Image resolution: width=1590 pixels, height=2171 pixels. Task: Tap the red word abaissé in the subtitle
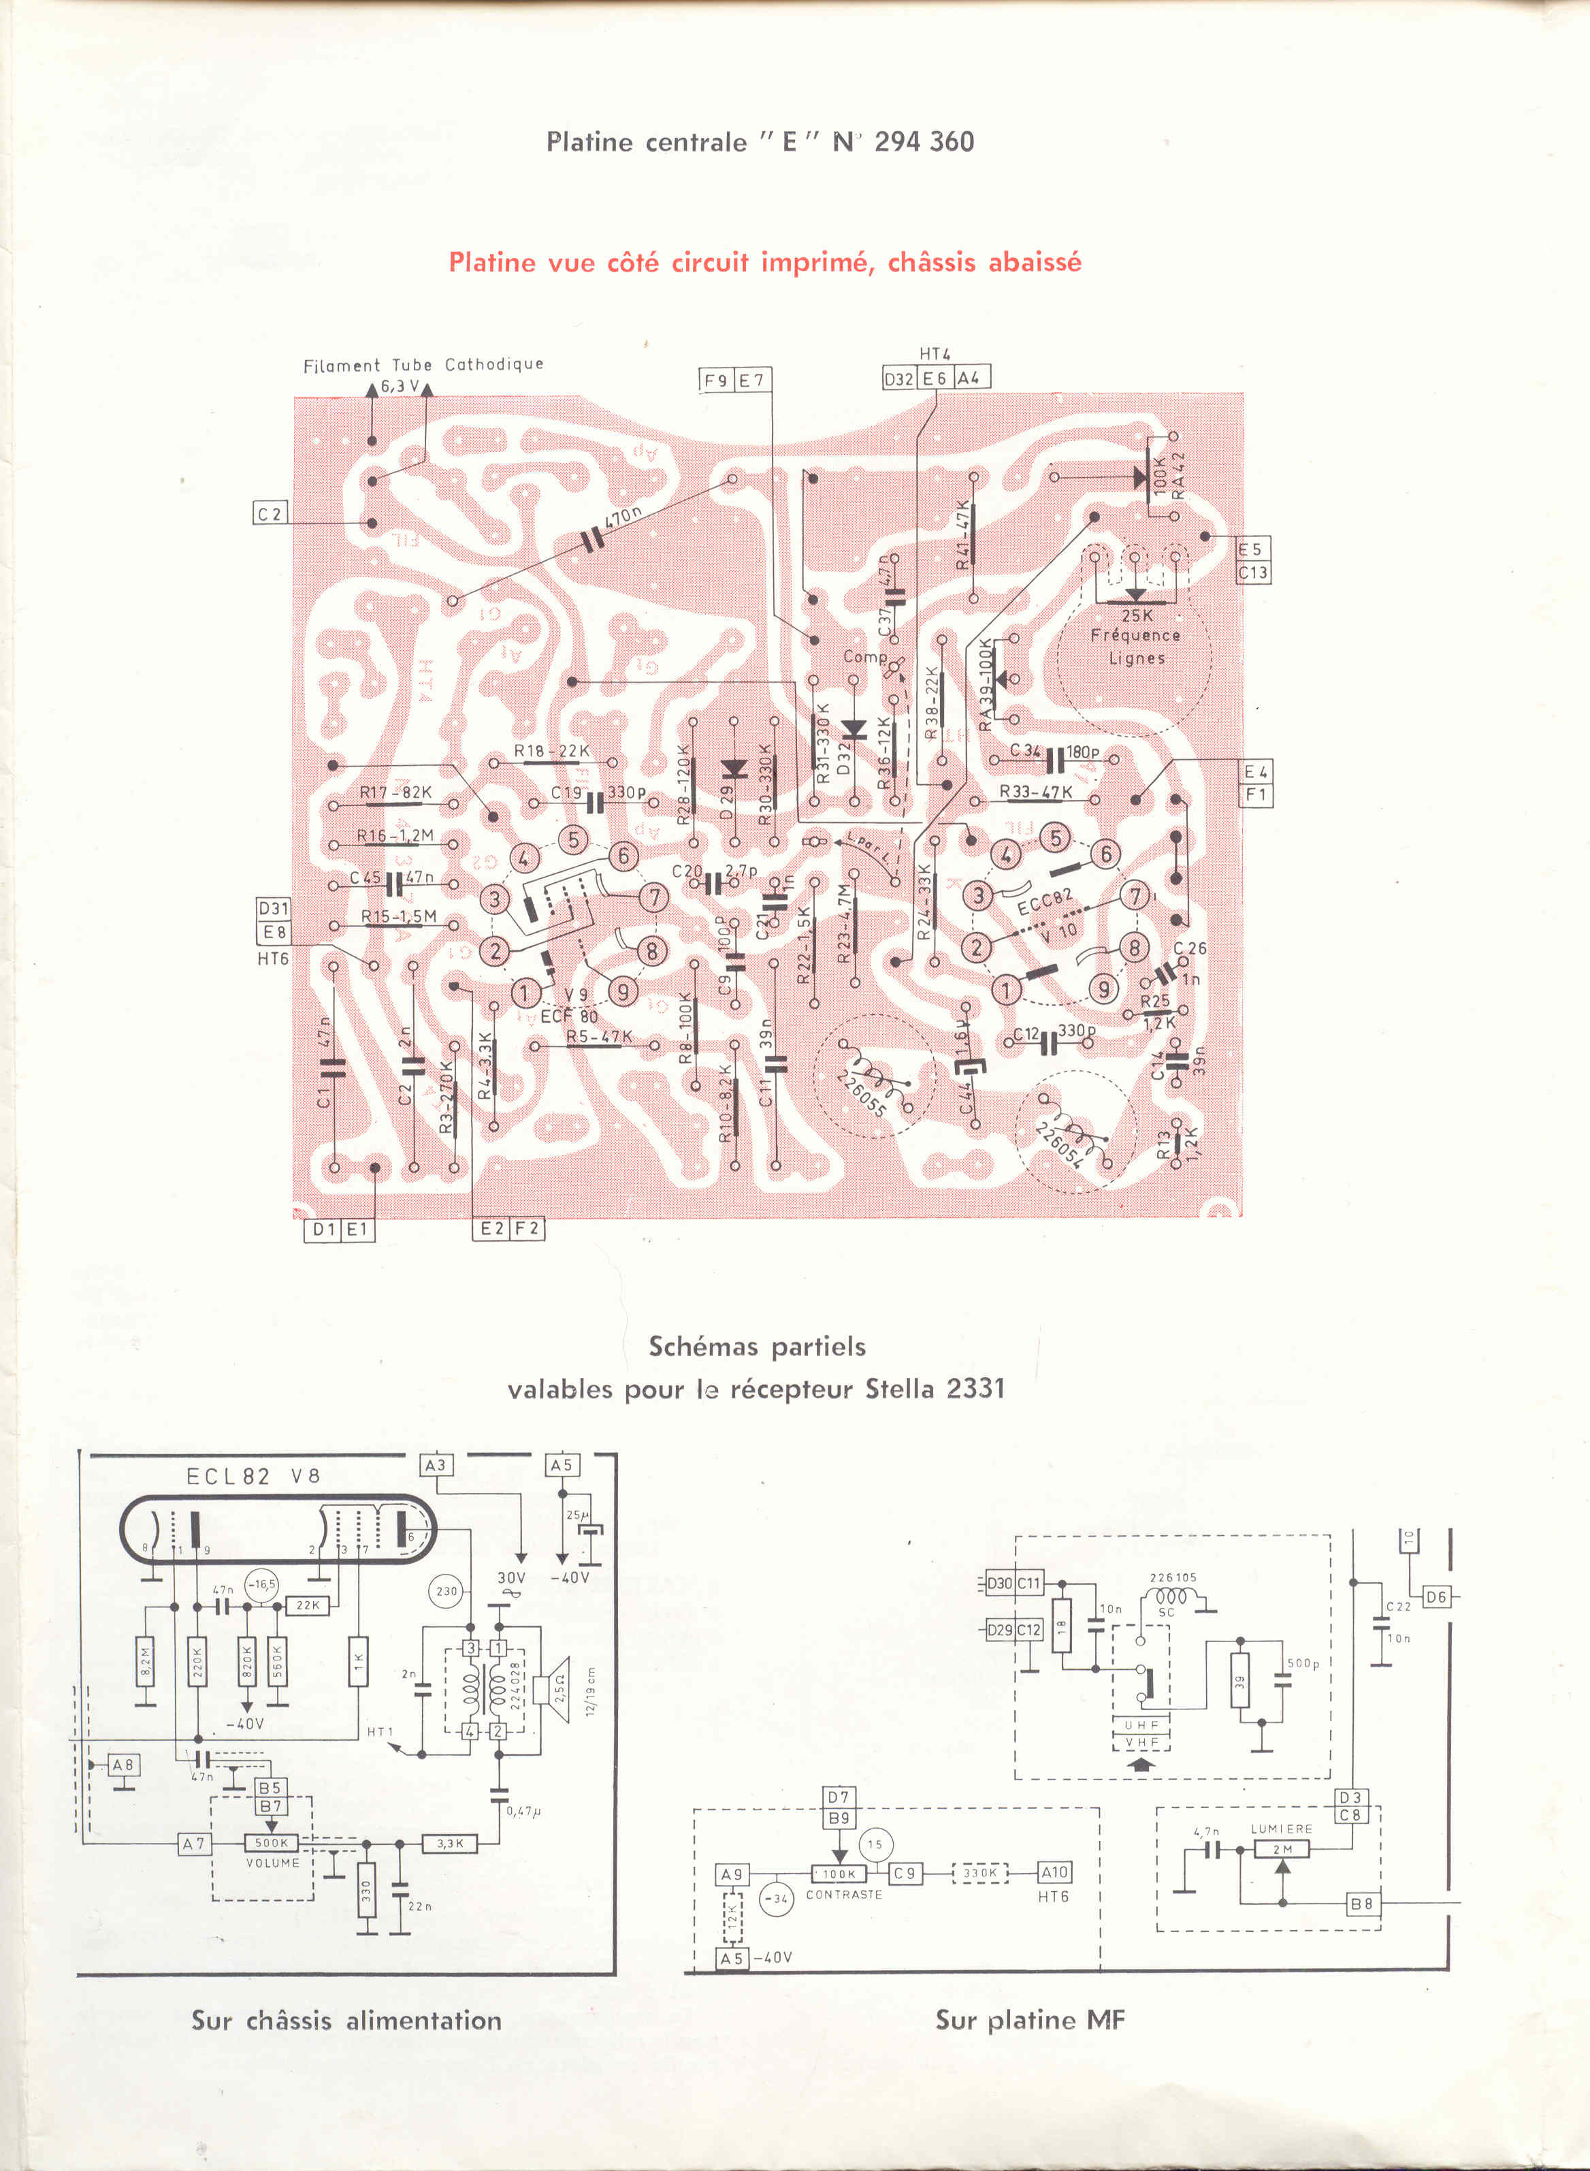coord(1032,263)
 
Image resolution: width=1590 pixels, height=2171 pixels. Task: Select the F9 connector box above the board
coord(716,381)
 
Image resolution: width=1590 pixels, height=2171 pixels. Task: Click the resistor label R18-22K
coord(551,751)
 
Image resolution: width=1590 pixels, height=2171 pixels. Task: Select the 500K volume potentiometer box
coord(272,1843)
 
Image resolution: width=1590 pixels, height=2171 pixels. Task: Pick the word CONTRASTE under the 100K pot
coord(843,1894)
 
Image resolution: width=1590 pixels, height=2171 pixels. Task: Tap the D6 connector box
coord(1435,1597)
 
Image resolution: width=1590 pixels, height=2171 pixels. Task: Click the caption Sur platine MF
coord(1029,2020)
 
